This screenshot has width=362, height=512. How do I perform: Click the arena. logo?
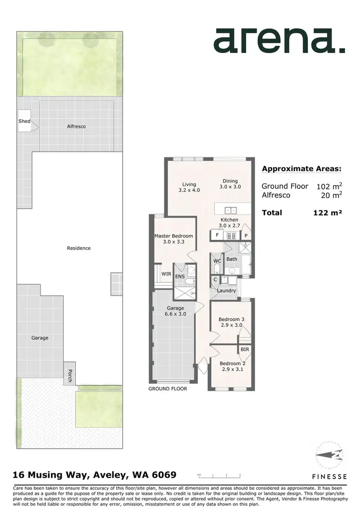(x=279, y=41)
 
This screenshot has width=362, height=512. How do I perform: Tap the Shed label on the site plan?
(x=24, y=122)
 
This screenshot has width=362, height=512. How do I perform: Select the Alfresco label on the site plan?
(x=76, y=126)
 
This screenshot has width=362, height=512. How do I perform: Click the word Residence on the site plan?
(x=79, y=248)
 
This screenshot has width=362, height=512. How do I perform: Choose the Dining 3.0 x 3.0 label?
(x=230, y=184)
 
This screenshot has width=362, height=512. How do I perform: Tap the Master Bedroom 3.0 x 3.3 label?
(x=174, y=239)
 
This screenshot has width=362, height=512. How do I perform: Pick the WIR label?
(x=166, y=274)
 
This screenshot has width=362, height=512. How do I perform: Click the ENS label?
(x=180, y=277)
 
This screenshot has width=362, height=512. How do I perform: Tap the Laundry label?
(x=226, y=291)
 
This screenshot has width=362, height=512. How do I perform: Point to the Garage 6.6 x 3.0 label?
(x=175, y=311)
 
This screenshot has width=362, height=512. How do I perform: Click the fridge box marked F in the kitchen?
(x=217, y=235)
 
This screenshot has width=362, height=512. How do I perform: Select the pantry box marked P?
(x=246, y=235)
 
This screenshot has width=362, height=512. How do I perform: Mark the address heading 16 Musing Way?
(x=95, y=475)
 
